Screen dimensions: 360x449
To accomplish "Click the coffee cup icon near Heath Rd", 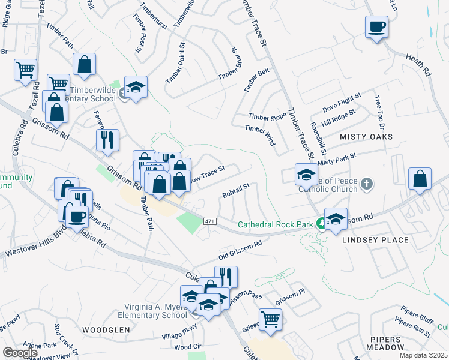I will click(376, 28).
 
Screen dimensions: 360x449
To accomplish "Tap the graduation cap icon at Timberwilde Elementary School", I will click(136, 88).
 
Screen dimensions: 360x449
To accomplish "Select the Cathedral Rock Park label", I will click(276, 224).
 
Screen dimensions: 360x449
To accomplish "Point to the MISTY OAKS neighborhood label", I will click(366, 137).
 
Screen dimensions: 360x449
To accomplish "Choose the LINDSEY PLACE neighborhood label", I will click(375, 240).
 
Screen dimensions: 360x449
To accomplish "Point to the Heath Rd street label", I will click(418, 63).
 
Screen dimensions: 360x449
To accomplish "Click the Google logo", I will click(20, 353).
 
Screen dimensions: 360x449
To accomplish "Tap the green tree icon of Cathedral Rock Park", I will click(321, 223).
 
